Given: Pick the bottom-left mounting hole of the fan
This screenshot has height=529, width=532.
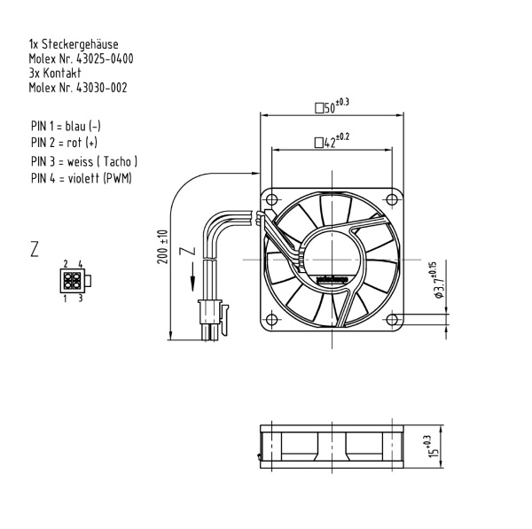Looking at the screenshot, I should tap(273, 316).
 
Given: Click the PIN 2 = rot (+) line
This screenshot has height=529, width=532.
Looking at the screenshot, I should tap(64, 141).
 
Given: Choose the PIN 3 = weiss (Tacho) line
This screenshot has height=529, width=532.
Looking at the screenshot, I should tap(84, 161).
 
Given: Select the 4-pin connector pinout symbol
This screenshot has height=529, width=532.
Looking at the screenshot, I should tap(73, 281).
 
